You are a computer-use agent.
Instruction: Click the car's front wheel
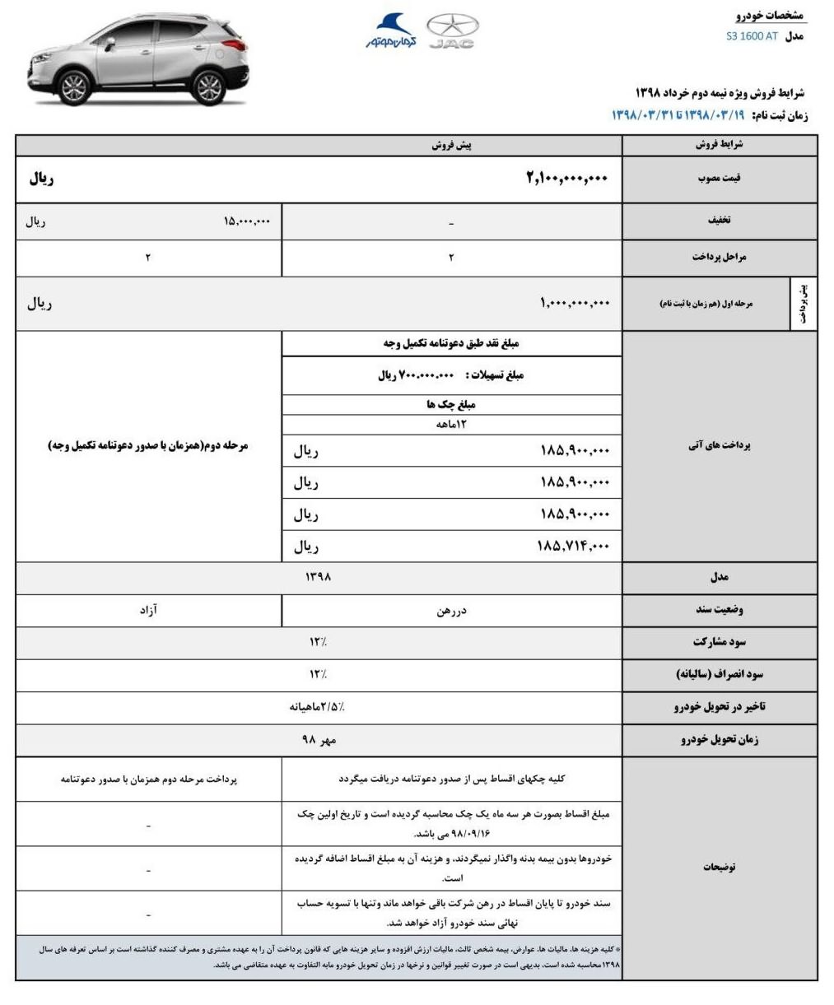tap(75, 88)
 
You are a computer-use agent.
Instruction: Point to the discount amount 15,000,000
tap(246, 221)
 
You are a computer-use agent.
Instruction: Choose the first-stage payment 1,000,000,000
tap(575, 303)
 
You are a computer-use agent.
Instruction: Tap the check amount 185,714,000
tap(575, 546)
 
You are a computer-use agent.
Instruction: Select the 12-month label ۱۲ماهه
tap(451, 425)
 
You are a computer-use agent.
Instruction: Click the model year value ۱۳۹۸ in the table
tap(318, 578)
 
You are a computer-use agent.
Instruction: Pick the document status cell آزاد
tap(148, 610)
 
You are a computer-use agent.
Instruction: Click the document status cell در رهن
tap(451, 611)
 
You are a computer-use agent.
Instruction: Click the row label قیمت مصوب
tap(720, 178)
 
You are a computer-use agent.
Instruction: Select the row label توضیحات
tap(720, 867)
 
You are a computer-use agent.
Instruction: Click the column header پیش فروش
tap(451, 146)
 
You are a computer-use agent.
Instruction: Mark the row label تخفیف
tap(720, 220)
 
